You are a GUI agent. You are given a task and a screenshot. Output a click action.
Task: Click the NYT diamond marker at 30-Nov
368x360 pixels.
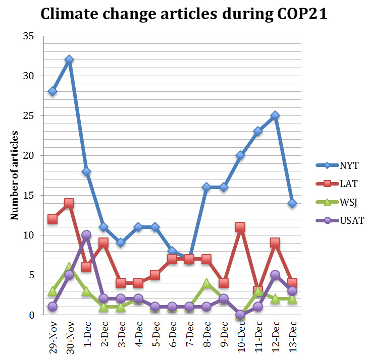(69, 60)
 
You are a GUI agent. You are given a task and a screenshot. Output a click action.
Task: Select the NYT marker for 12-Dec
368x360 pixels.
(275, 115)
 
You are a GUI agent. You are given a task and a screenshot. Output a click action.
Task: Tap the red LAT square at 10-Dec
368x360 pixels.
(241, 227)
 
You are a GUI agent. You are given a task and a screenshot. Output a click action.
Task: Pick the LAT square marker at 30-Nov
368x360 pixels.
(69, 204)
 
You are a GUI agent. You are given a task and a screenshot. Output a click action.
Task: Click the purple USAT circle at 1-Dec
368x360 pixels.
(86, 235)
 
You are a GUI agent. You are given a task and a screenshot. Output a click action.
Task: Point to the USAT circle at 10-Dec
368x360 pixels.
(241, 315)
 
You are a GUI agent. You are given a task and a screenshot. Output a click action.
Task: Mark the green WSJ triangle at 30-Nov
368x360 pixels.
(69, 267)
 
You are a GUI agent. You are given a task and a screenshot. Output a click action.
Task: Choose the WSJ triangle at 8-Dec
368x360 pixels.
(206, 283)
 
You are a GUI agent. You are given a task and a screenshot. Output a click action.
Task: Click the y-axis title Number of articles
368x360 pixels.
(15, 175)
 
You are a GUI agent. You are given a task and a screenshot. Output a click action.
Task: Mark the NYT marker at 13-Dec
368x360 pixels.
(292, 203)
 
